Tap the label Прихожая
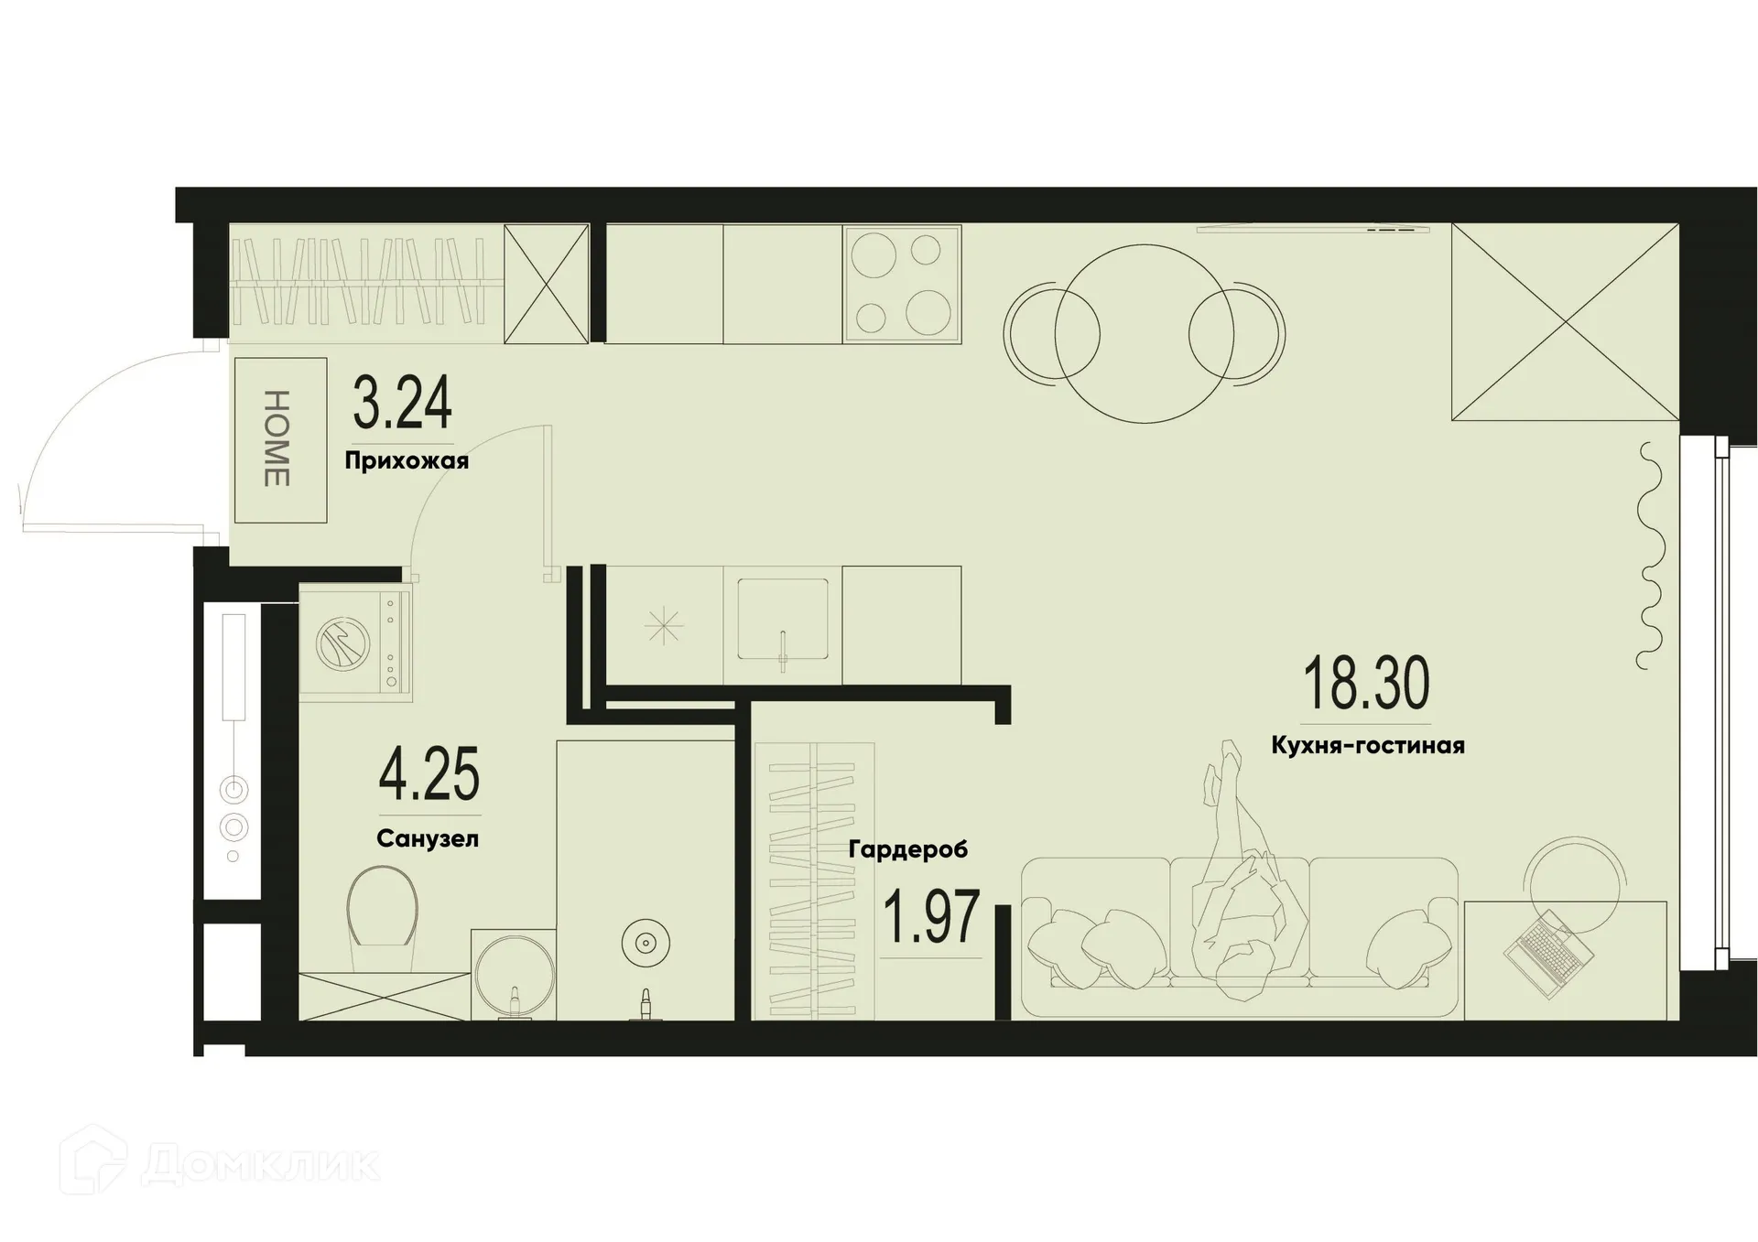(407, 460)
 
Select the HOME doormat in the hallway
(280, 440)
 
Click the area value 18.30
(1365, 685)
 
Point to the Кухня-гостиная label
(1367, 746)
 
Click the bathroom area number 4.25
(429, 774)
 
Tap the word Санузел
(427, 838)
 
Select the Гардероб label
(907, 849)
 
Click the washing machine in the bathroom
(356, 643)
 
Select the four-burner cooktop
(902, 284)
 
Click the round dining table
(1144, 334)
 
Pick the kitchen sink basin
(783, 620)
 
